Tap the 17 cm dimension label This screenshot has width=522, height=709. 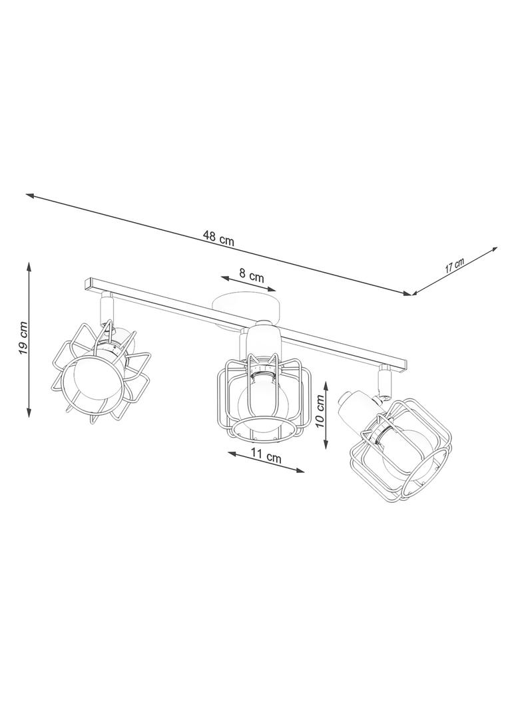454,265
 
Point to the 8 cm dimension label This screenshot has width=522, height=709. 251,275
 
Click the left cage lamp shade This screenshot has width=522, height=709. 101,372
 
